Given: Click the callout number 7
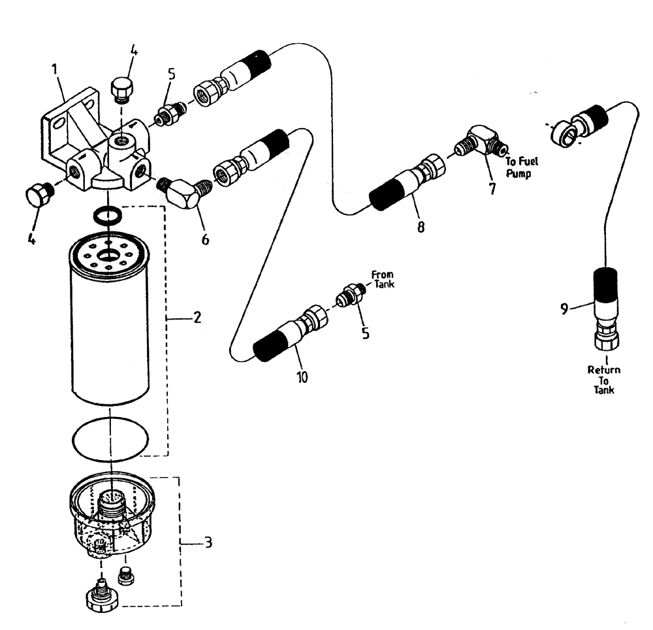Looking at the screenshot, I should (491, 189).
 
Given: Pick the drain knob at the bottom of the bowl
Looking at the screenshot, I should (101, 595).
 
